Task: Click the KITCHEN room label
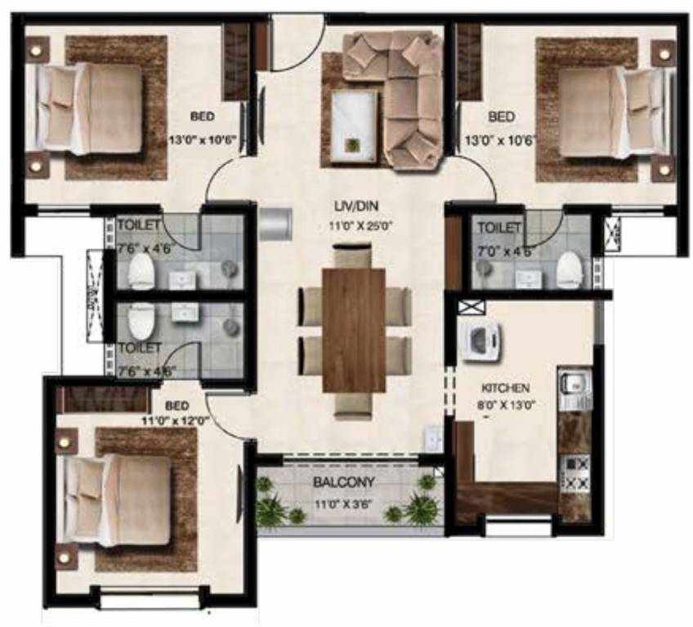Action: (x=506, y=387)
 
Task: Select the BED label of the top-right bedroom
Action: (x=501, y=116)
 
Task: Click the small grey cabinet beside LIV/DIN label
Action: (x=275, y=223)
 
